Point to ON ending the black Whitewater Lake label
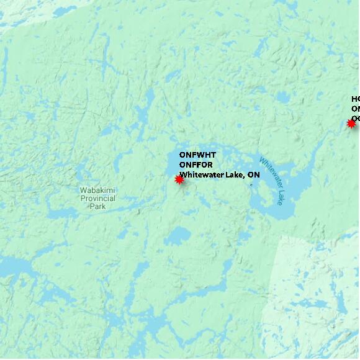pyautogui.click(x=253, y=175)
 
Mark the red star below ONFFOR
pyautogui.click(x=179, y=179)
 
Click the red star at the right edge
pyautogui.click(x=351, y=124)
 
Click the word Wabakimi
pyautogui.click(x=97, y=190)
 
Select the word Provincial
pyautogui.click(x=97, y=198)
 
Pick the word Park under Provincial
pyautogui.click(x=97, y=206)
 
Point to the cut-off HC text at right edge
pyautogui.click(x=355, y=99)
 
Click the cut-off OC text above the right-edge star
pyautogui.click(x=355, y=118)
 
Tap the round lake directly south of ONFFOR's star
pyautogui.click(x=179, y=236)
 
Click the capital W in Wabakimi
pyautogui.click(x=83, y=190)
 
